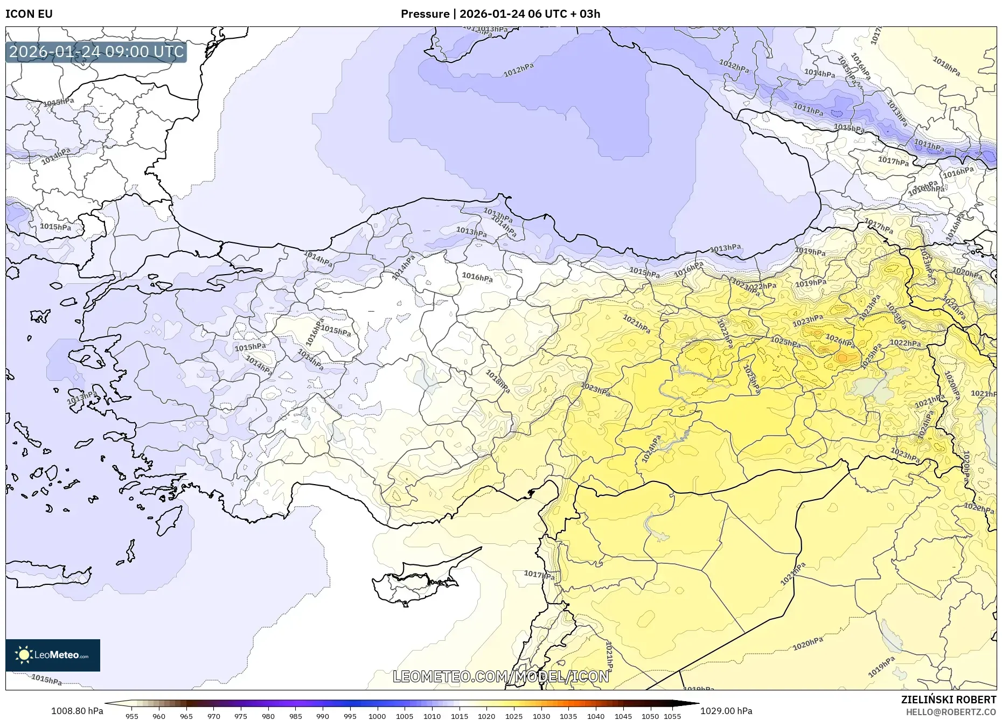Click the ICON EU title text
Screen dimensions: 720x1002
click(29, 14)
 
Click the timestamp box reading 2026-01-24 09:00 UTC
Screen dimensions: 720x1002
click(96, 52)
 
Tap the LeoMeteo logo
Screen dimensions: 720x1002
click(53, 655)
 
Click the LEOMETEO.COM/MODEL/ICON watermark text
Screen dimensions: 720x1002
click(500, 676)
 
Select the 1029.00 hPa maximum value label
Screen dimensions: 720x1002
click(726, 711)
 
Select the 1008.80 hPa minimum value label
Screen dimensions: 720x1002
click(77, 711)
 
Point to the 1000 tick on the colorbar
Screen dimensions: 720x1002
click(377, 716)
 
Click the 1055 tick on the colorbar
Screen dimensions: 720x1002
click(672, 716)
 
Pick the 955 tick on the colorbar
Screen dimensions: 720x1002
click(131, 716)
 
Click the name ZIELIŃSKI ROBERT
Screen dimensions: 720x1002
click(948, 700)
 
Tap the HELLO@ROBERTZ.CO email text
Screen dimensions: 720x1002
click(950, 712)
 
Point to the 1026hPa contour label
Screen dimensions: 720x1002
click(839, 340)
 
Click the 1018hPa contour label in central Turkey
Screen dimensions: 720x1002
click(497, 381)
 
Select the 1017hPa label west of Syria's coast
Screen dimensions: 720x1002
click(539, 575)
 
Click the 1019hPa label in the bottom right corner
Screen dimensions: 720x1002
click(881, 667)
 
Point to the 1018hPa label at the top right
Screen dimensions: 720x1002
click(946, 66)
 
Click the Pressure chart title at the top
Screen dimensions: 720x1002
click(500, 14)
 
